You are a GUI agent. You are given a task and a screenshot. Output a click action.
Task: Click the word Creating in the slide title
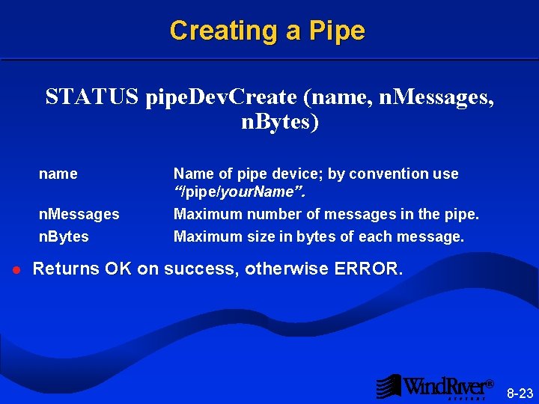(x=212, y=31)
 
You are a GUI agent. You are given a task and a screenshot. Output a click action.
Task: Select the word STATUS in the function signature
(x=92, y=97)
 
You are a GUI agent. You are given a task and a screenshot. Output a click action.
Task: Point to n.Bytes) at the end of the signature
(x=279, y=122)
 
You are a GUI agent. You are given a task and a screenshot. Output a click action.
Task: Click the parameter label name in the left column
(x=58, y=174)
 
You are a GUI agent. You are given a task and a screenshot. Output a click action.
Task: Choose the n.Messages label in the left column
(x=79, y=214)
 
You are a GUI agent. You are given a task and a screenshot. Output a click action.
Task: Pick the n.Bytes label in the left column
(x=64, y=236)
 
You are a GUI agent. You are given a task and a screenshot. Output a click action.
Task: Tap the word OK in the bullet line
(x=118, y=268)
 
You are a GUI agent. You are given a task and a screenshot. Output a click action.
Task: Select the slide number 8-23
(x=520, y=393)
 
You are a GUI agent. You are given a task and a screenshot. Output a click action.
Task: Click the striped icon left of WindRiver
(x=388, y=386)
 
